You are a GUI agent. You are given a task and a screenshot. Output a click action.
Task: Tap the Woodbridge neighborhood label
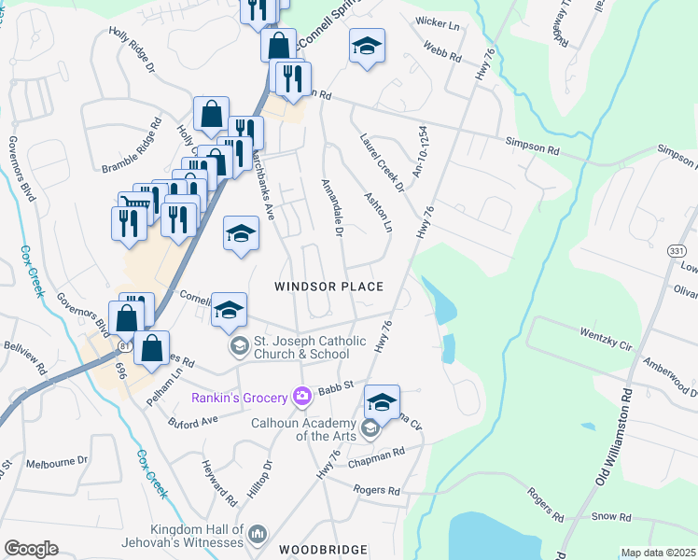pyautogui.click(x=322, y=550)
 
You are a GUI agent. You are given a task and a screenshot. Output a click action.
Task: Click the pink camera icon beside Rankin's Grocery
pyautogui.click(x=301, y=398)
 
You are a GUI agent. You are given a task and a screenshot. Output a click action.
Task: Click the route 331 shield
pyautogui.click(x=677, y=250)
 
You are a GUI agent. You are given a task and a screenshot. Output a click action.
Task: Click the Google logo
pyautogui.click(x=31, y=549)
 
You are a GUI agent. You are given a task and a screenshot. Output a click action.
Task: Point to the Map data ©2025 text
pyautogui.click(x=657, y=553)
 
